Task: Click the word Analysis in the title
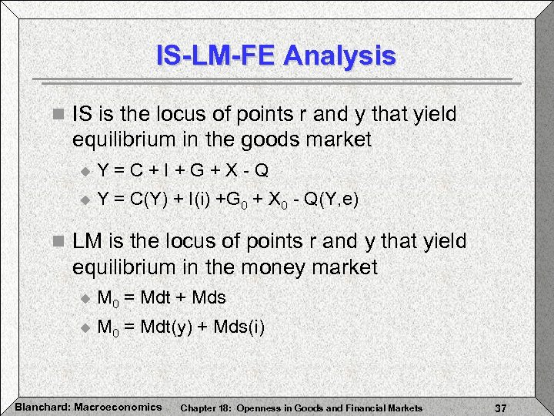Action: point(339,55)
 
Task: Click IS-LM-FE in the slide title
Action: point(215,55)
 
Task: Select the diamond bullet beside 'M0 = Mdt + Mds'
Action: point(85,298)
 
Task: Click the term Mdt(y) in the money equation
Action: point(168,327)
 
